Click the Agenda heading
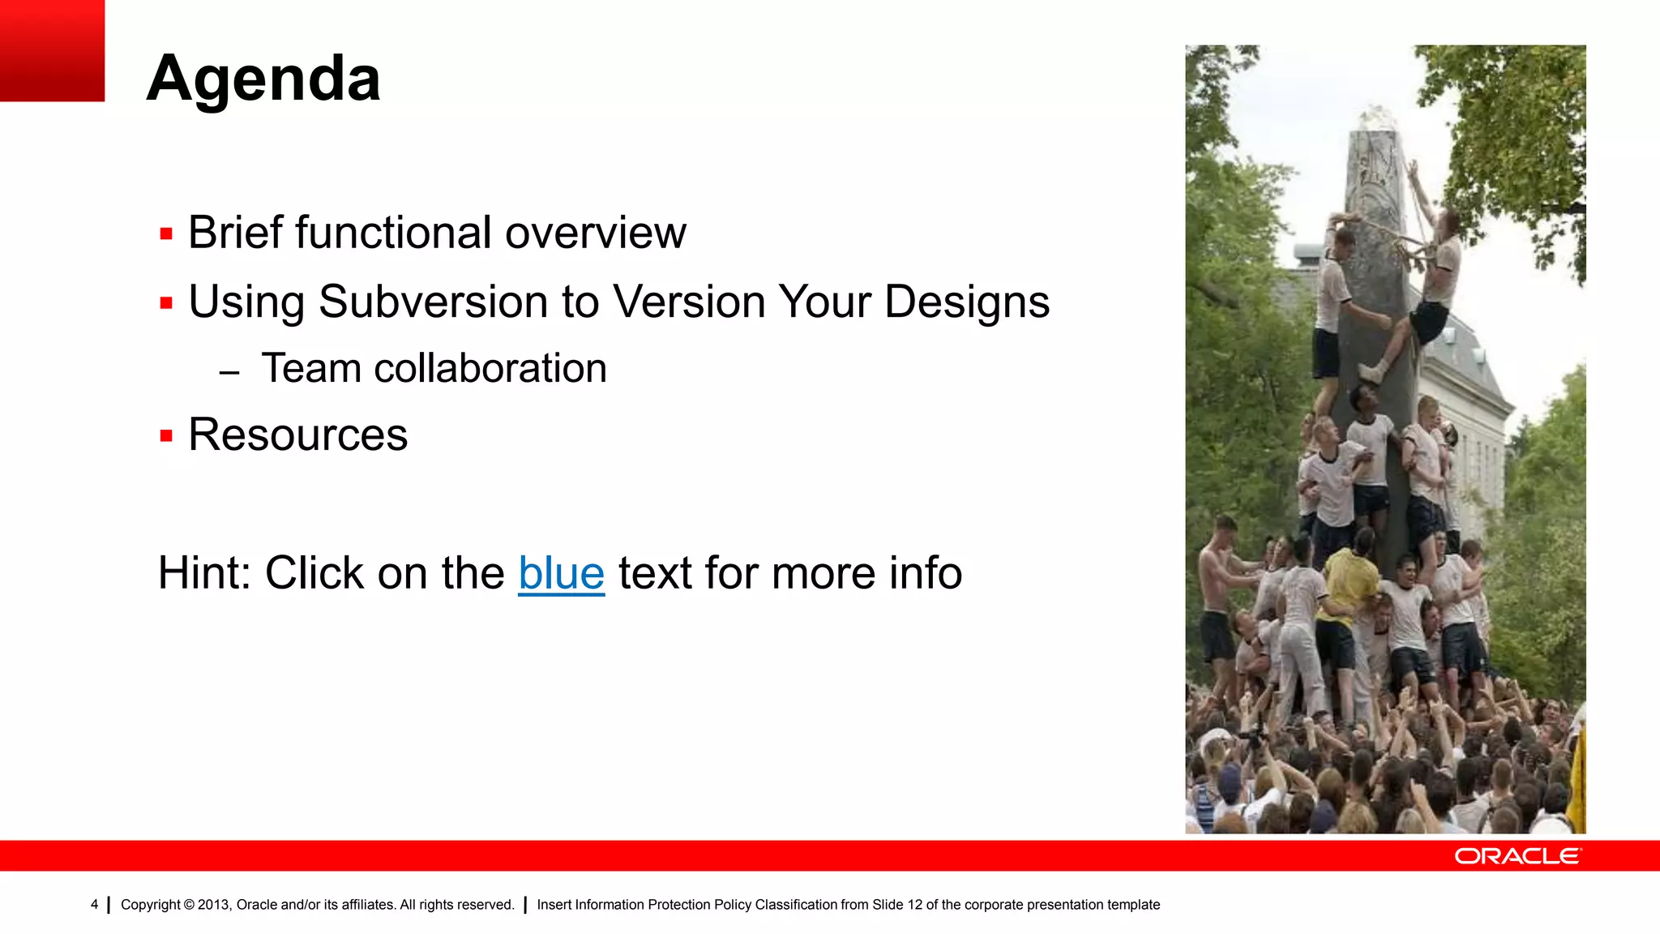(x=263, y=79)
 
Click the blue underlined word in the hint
(x=561, y=573)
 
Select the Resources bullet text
(x=297, y=435)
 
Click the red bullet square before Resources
(x=166, y=436)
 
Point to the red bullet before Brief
(x=166, y=234)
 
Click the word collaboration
(x=490, y=369)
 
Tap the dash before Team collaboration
(x=229, y=373)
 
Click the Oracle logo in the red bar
(x=1517, y=856)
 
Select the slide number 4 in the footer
(x=94, y=905)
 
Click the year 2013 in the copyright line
(x=214, y=905)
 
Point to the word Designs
(x=966, y=302)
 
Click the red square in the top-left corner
(x=52, y=50)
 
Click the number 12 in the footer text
(x=914, y=905)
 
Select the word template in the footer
(x=1132, y=905)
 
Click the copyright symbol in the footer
(x=189, y=905)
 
